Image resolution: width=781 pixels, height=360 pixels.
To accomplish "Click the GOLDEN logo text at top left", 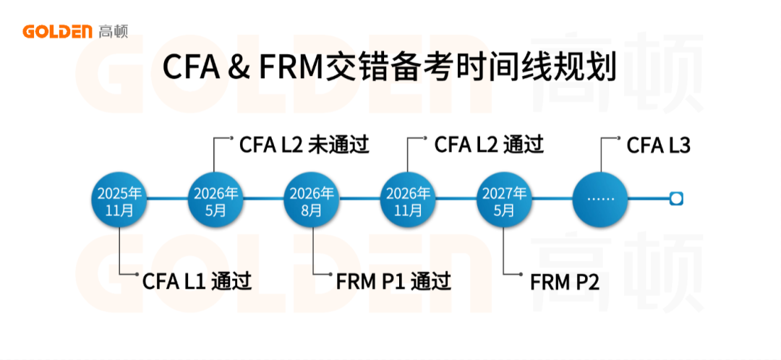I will (x=56, y=31).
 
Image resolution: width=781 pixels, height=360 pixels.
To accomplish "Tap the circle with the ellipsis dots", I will (x=599, y=199).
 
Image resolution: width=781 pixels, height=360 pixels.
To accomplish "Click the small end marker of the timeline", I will (x=676, y=198).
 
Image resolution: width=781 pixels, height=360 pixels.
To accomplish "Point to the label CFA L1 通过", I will (x=197, y=280).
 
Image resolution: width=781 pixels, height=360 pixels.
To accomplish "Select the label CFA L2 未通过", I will (x=304, y=145).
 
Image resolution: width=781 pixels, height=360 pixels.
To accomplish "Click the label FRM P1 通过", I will (x=393, y=280).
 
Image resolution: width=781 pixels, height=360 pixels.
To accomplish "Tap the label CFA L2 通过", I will (x=489, y=145).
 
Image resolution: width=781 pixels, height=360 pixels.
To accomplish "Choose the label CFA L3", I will (x=658, y=145).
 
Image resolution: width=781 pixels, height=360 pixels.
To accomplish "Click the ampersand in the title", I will (x=236, y=69).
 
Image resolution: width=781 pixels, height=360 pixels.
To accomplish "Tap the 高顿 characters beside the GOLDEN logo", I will (x=113, y=31).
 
